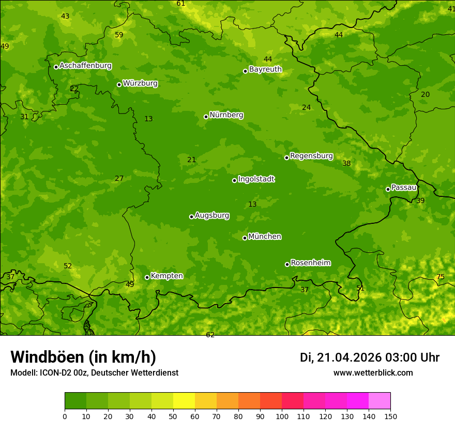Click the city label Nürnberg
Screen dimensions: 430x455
226,115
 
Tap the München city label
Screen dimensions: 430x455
264,237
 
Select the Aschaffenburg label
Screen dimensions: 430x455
85,66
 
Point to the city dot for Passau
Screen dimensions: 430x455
388,189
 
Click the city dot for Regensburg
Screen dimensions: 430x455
286,157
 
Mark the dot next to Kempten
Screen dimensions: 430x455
147,277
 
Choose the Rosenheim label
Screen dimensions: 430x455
310,263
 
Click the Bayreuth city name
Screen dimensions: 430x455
265,69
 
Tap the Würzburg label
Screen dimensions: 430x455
140,83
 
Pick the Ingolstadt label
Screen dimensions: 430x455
256,179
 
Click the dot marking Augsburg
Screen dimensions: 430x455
191,217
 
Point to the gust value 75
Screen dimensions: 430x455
441,277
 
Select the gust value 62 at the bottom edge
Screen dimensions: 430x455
210,335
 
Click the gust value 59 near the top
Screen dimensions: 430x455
119,35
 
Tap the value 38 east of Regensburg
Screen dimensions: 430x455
346,164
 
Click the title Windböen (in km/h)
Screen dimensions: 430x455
83,357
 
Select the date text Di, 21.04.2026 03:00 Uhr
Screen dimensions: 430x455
370,357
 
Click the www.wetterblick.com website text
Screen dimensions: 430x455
373,373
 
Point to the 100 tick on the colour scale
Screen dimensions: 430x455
282,416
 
